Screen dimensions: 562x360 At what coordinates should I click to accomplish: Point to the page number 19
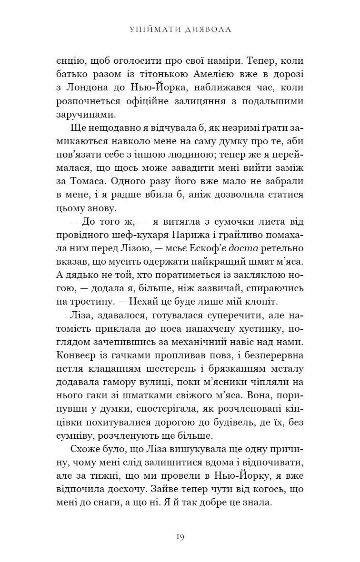coord(180,537)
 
